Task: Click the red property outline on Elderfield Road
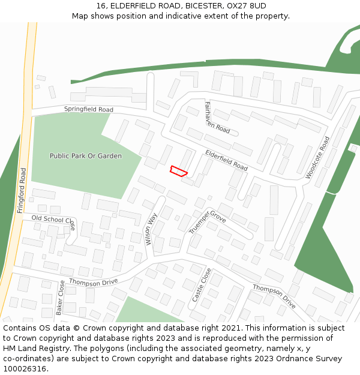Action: pos(179,171)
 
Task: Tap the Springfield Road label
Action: pos(89,109)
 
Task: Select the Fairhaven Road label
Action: pos(217,118)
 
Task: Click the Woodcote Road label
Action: pos(317,158)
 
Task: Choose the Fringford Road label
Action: pos(22,190)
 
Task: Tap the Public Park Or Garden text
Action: pos(86,156)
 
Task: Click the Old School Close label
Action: pos(53,220)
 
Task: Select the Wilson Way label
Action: pos(151,229)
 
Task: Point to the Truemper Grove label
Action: pos(208,221)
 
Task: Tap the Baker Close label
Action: pos(60,298)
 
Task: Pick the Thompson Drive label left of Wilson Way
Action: pos(93,281)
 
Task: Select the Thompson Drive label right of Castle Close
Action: pos(274,296)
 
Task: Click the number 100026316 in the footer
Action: pos(25,369)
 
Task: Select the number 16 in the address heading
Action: pos(100,5)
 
